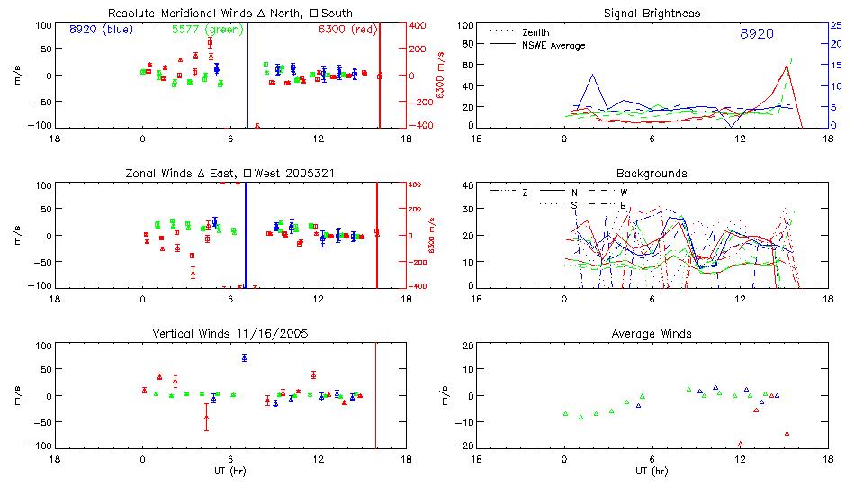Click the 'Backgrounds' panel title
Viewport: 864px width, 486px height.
point(652,173)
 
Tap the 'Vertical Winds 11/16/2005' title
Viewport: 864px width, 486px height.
point(231,333)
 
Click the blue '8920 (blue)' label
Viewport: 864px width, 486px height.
point(101,30)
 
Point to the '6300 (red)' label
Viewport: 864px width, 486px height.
point(347,30)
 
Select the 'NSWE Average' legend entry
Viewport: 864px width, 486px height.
point(553,45)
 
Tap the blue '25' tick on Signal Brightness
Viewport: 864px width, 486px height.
point(835,25)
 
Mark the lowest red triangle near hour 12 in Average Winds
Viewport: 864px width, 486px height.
point(740,444)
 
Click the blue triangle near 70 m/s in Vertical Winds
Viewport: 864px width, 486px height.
point(244,357)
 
